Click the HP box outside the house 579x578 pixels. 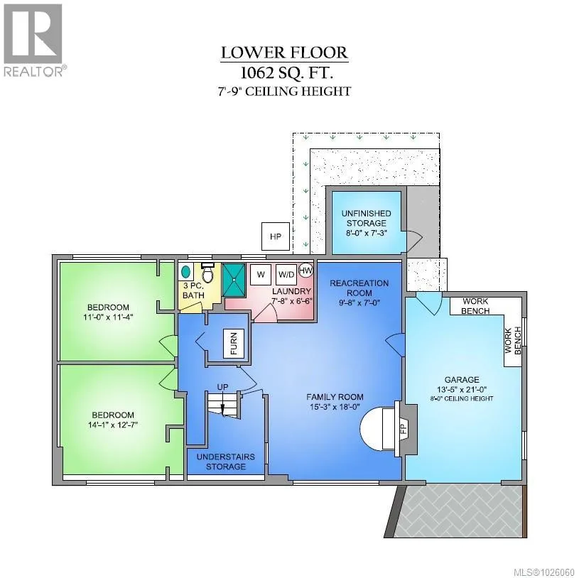point(275,236)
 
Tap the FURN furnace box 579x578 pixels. point(234,343)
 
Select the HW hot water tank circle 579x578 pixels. point(305,270)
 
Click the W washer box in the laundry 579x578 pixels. point(261,275)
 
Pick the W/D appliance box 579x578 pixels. point(286,275)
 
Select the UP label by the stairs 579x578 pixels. point(222,387)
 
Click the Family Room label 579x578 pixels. point(335,397)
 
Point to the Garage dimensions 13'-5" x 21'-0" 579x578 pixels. point(462,389)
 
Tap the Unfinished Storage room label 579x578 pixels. point(366,218)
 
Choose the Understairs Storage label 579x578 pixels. point(226,462)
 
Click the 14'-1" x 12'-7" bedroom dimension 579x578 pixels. point(113,425)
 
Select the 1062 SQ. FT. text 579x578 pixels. point(286,73)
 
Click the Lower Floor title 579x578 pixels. point(284,53)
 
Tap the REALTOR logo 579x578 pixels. point(33,40)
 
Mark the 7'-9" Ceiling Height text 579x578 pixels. point(284,91)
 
